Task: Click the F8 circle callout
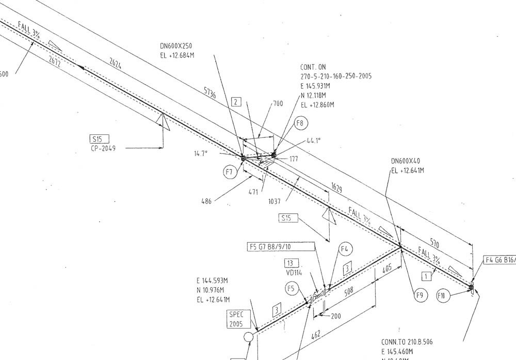tap(301, 123)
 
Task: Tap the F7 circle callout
tap(230, 172)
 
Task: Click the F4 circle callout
tap(345, 249)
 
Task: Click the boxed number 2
tap(236, 102)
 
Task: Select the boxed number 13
tap(293, 263)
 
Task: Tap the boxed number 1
tap(426, 276)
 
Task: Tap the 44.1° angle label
tap(313, 140)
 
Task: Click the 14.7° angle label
tap(201, 153)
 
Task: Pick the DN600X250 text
tap(176, 46)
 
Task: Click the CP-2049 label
tap(103, 148)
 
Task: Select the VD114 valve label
tap(294, 273)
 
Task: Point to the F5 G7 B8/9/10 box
tap(281, 247)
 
